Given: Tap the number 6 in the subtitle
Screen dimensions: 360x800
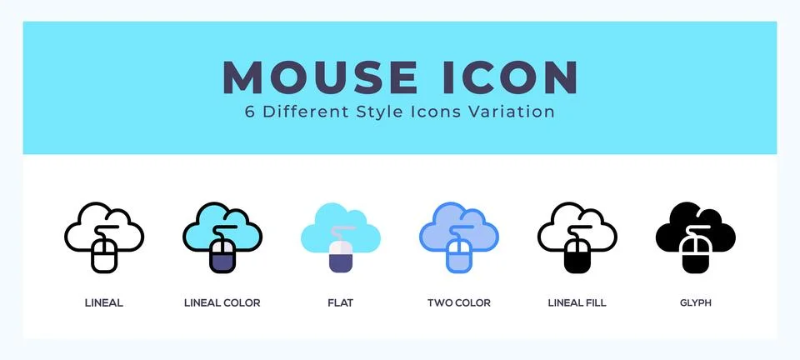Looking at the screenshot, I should (250, 112).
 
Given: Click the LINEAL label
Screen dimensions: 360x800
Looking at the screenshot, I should (104, 303).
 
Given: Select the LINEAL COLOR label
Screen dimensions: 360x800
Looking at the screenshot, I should (222, 303).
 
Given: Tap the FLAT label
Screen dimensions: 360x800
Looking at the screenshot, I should (340, 303).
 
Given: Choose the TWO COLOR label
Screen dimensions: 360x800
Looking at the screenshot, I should (458, 303).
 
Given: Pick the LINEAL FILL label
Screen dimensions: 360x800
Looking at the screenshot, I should (577, 303).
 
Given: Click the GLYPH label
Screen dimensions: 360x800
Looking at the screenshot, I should (695, 303).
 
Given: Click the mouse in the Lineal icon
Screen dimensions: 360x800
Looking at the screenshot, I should (104, 255).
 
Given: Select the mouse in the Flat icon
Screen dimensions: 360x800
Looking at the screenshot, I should (341, 255).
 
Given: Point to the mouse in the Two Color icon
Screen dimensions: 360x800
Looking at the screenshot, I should (459, 255).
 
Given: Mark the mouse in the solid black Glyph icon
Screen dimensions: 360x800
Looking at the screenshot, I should (696, 255).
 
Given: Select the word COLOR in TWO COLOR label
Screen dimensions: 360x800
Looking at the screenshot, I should (472, 303).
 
